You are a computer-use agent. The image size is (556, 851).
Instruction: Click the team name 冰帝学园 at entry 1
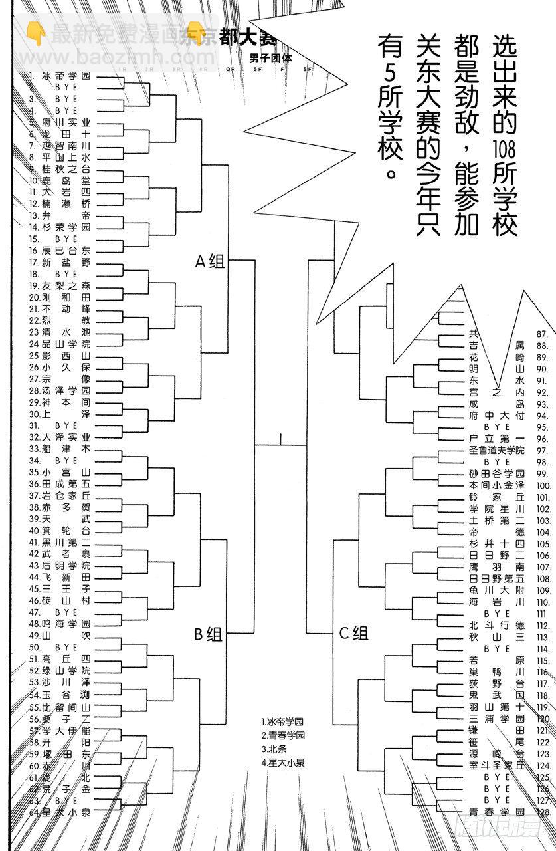coord(66,76)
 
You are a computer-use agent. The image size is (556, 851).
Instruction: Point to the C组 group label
coord(353,632)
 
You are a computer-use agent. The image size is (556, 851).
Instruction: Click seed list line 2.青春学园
coord(283,735)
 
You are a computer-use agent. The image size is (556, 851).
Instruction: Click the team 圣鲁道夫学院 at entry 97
coord(496,450)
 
